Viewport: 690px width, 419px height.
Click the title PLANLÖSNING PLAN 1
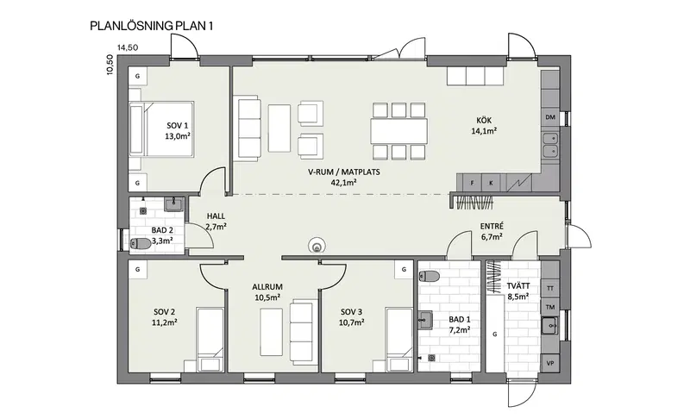coord(152,26)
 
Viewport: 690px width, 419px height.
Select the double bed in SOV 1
coord(161,128)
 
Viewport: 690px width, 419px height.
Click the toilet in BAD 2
coord(140,243)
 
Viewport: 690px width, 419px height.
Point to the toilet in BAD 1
coord(429,277)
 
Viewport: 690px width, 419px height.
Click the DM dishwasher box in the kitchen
coord(550,117)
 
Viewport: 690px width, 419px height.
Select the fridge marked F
coord(472,183)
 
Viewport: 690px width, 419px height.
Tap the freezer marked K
coord(491,183)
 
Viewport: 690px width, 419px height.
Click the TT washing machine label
coord(550,289)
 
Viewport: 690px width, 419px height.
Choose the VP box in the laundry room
coord(550,363)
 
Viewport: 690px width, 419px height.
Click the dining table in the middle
coord(398,131)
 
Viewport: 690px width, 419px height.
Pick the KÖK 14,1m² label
coord(484,125)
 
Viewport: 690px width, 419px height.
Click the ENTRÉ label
coord(492,226)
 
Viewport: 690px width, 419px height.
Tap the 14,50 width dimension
coord(128,47)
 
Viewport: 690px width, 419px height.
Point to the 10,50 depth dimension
coord(110,65)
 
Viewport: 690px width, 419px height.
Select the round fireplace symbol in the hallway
coord(317,246)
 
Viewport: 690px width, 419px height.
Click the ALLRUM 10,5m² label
coord(267,292)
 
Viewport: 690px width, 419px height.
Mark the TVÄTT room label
coord(518,291)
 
